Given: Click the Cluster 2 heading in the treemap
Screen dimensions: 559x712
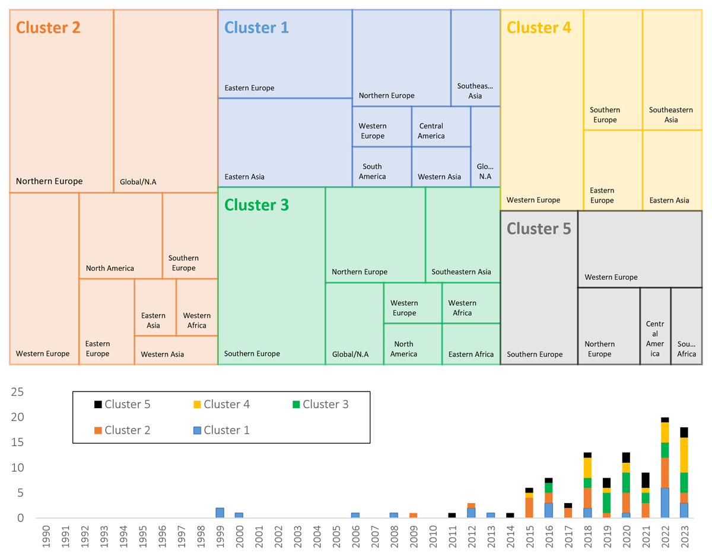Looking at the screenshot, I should (48, 27).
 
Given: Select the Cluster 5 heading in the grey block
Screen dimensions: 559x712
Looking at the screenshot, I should (539, 228).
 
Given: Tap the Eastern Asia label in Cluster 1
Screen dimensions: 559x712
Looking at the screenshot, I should (244, 176).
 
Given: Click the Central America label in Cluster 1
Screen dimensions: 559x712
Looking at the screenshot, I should (431, 131).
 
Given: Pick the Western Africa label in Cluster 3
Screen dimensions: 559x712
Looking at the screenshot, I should (462, 308).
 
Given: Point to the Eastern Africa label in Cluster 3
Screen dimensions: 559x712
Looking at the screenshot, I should (471, 354).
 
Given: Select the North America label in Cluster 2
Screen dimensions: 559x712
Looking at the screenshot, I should (110, 268).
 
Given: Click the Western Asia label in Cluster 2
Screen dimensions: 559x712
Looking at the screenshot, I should (162, 354).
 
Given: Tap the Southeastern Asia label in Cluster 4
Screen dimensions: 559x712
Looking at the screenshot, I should (670, 115).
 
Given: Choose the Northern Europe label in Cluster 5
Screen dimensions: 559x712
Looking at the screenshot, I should (599, 349).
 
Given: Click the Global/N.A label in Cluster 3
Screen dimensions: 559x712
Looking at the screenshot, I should (349, 354).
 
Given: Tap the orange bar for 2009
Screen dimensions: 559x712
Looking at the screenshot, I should (414, 516).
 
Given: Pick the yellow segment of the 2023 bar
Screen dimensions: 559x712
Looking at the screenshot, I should (684, 455).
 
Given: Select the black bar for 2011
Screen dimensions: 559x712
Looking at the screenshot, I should (452, 516).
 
